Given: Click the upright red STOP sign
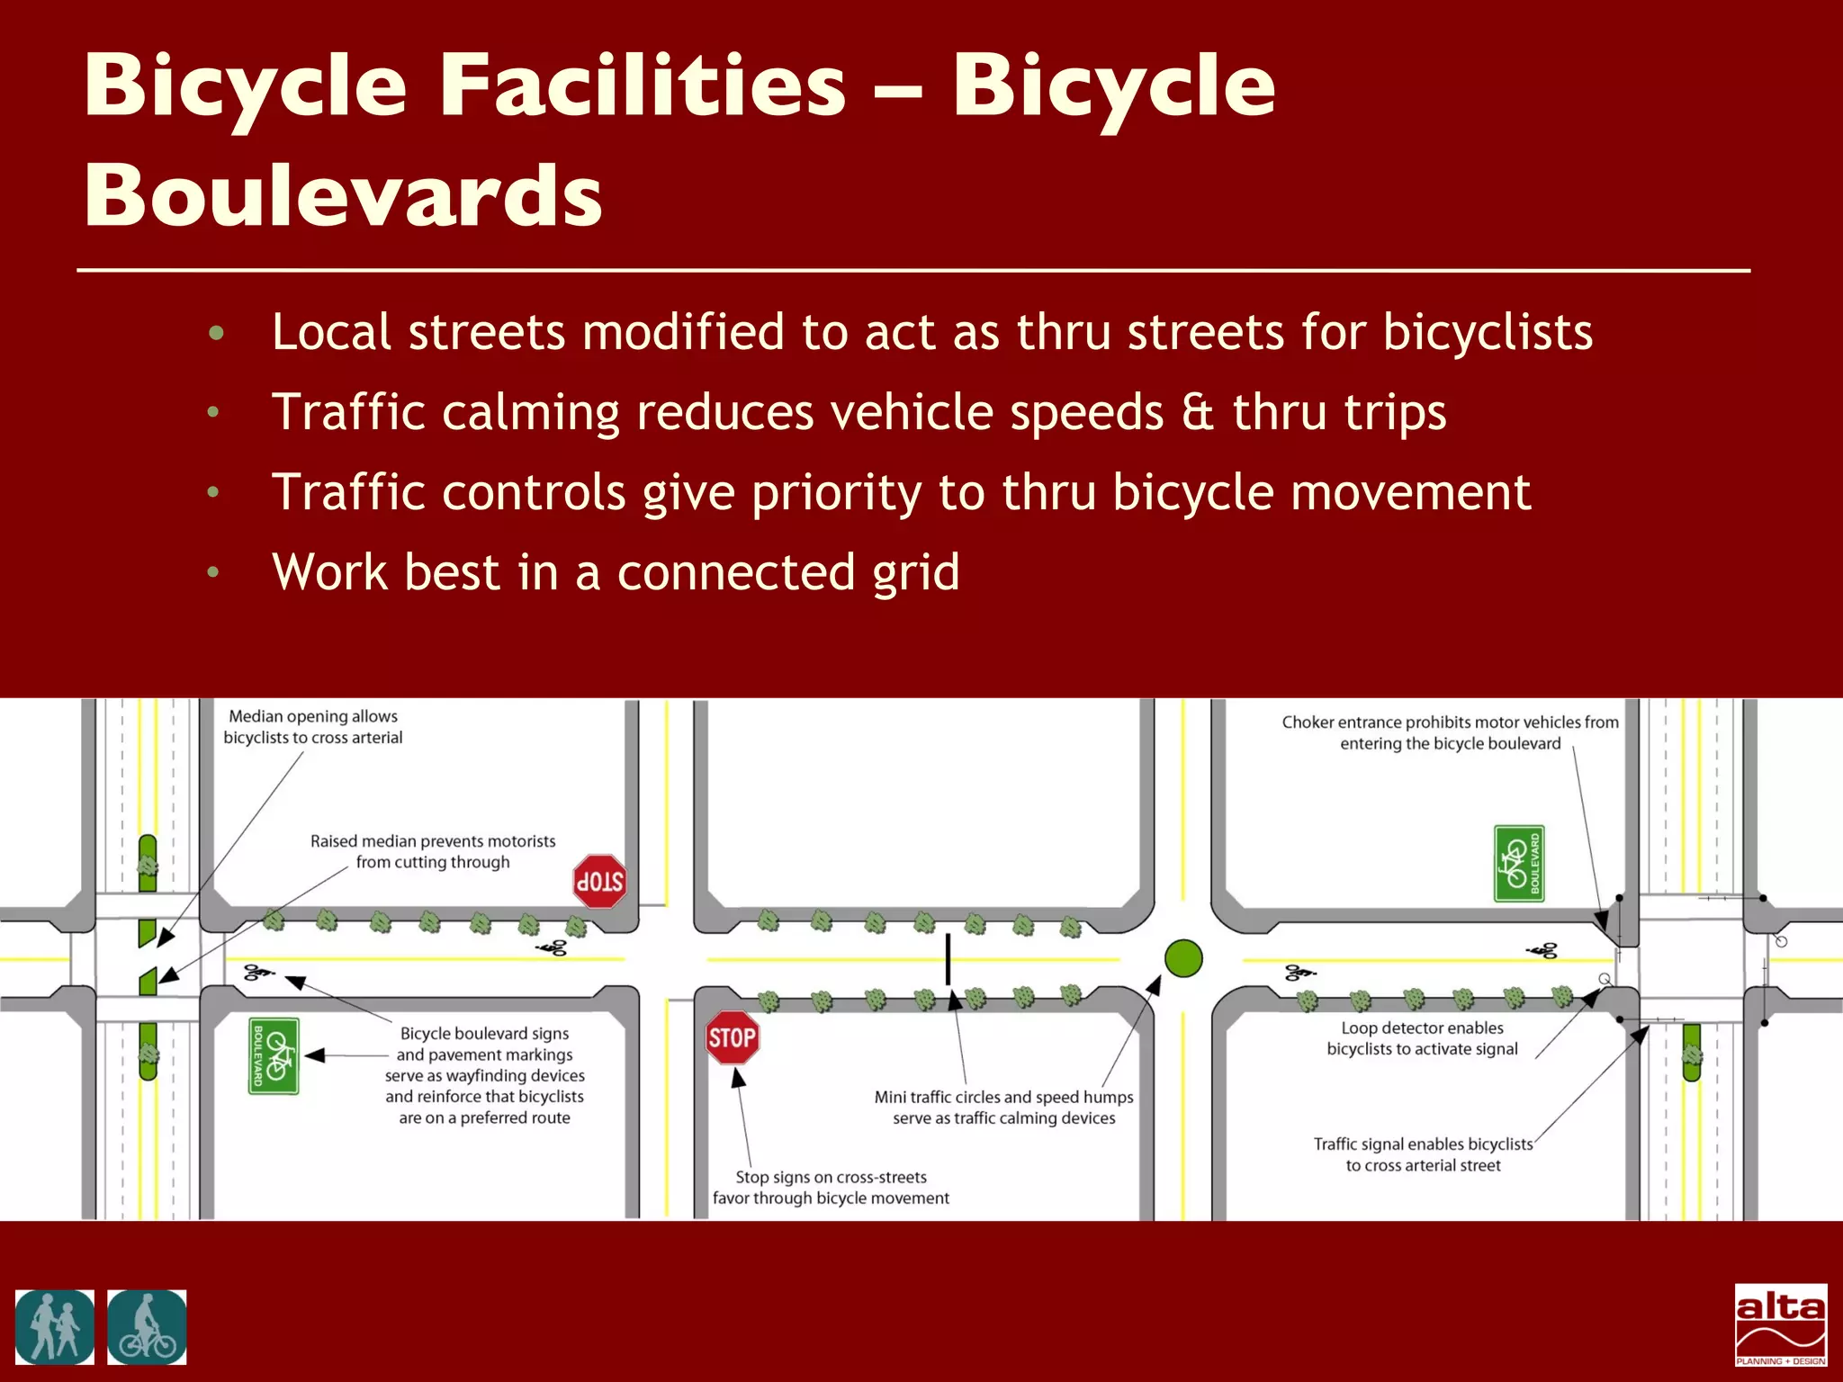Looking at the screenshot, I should click(732, 1037).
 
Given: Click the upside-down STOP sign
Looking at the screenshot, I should click(599, 881).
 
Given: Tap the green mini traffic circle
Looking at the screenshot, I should click(1183, 958).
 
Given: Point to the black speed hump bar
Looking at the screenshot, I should click(948, 959).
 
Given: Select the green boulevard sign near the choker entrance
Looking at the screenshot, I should click(1519, 864).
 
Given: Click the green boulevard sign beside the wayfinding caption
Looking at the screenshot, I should click(274, 1056).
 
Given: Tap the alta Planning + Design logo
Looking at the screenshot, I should click(1781, 1324).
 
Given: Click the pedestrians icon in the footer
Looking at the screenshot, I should click(55, 1327).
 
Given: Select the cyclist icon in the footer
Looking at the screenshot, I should click(148, 1327).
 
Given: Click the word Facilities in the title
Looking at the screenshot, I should click(643, 85).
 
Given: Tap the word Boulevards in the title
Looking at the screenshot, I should click(343, 195).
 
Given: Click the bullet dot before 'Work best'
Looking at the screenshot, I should click(213, 572).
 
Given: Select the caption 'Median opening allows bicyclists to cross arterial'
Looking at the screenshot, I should click(312, 727).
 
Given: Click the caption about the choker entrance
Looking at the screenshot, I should click(1450, 732).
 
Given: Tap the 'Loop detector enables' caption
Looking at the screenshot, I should click(1422, 1038).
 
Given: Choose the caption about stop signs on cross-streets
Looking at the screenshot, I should click(831, 1187).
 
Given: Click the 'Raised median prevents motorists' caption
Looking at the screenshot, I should click(433, 851).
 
